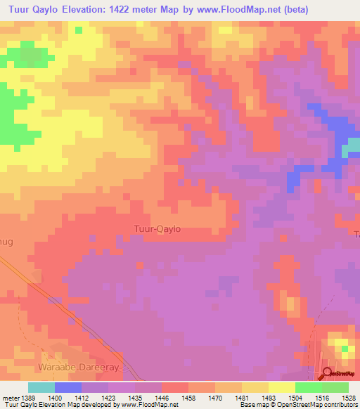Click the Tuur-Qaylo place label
157,228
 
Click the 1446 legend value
188,397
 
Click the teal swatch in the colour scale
41,387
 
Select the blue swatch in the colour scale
67,387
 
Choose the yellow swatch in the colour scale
281,387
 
